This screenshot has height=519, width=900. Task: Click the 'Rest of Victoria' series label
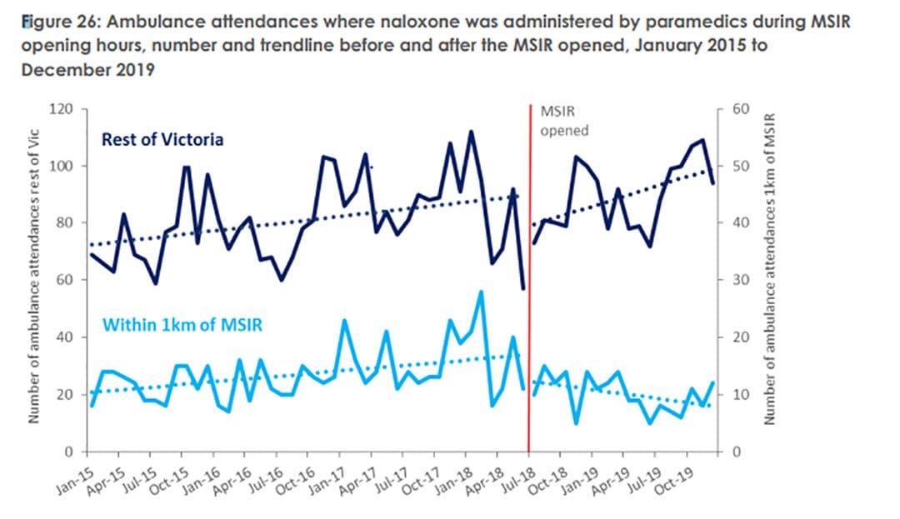162,140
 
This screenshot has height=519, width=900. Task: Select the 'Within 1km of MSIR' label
182,325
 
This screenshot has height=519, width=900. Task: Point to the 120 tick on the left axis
65,109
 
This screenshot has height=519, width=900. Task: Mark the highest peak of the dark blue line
471,132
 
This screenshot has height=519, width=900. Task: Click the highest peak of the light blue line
481,292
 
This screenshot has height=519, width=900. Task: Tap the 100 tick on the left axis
65,167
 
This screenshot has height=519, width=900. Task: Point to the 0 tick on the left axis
71,452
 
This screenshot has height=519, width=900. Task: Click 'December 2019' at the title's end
89,69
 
